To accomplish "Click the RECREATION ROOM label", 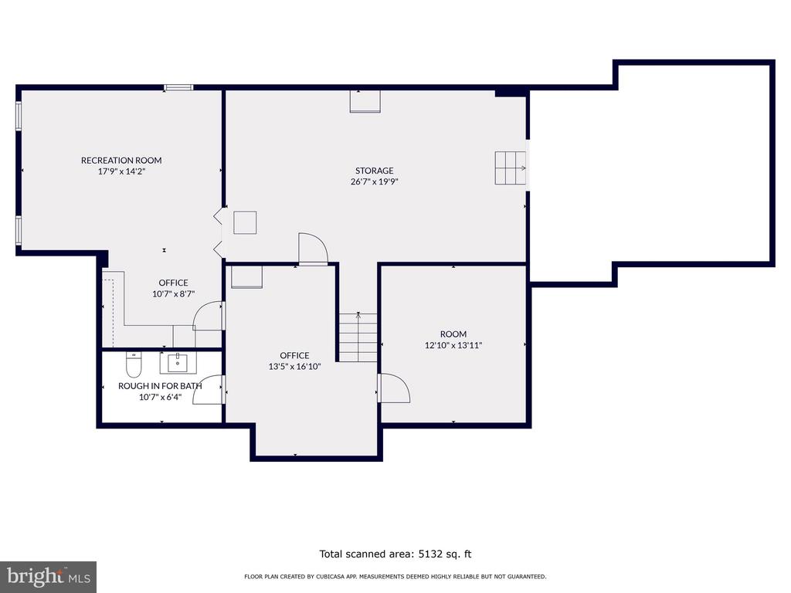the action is pos(121,161).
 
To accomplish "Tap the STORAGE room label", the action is pos(375,171).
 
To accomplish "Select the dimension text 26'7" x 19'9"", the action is pos(375,181).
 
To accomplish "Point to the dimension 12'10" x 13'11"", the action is pos(453,345).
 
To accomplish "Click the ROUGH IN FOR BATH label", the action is pos(160,386).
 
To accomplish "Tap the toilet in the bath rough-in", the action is pos(134,364).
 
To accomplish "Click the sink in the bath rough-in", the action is pos(178,363).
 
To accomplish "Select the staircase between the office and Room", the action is pos(358,337).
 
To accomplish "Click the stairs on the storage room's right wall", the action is pos(511,168).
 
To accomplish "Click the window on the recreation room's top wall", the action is pos(178,88).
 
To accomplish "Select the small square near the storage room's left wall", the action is pos(245,222).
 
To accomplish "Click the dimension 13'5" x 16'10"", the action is pos(294,367).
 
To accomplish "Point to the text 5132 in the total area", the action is pos(429,554).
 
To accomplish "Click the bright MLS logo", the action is pos(49,577).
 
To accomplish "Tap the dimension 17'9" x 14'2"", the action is pos(121,171).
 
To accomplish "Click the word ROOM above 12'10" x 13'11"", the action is pos(453,334).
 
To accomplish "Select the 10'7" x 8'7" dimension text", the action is pos(174,294).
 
